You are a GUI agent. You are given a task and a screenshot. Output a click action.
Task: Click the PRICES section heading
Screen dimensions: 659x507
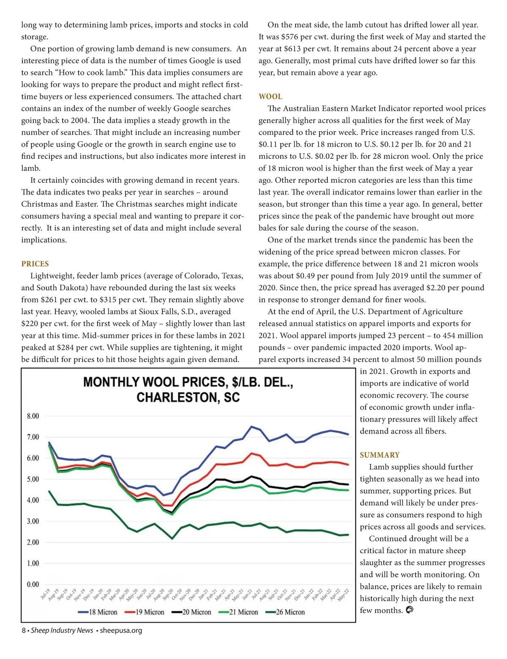coord(35,264)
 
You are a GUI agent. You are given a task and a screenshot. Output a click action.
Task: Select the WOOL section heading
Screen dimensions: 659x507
coord(270,96)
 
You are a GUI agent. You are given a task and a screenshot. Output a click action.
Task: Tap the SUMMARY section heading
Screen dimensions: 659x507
coord(379,455)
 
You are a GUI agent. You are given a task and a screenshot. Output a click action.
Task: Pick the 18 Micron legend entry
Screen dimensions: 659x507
coord(98,612)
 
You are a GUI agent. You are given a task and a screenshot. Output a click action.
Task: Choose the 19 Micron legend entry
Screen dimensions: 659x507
coord(144,612)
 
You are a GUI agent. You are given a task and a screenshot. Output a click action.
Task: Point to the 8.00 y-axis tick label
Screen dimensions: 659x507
coord(33,416)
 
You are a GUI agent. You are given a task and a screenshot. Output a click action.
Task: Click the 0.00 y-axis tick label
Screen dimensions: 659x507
coord(33,585)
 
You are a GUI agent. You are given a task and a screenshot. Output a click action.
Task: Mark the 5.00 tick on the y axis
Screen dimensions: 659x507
coord(33,479)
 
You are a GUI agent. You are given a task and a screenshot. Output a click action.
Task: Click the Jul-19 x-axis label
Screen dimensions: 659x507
coord(45,594)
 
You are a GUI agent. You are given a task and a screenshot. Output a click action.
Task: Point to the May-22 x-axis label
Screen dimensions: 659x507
coord(343,595)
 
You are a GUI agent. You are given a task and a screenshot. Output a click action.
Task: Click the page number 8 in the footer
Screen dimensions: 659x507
coord(24,631)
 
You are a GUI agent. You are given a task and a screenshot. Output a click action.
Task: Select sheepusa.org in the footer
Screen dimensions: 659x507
coord(121,631)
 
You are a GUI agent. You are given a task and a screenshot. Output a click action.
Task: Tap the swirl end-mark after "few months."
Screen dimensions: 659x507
coord(409,610)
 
